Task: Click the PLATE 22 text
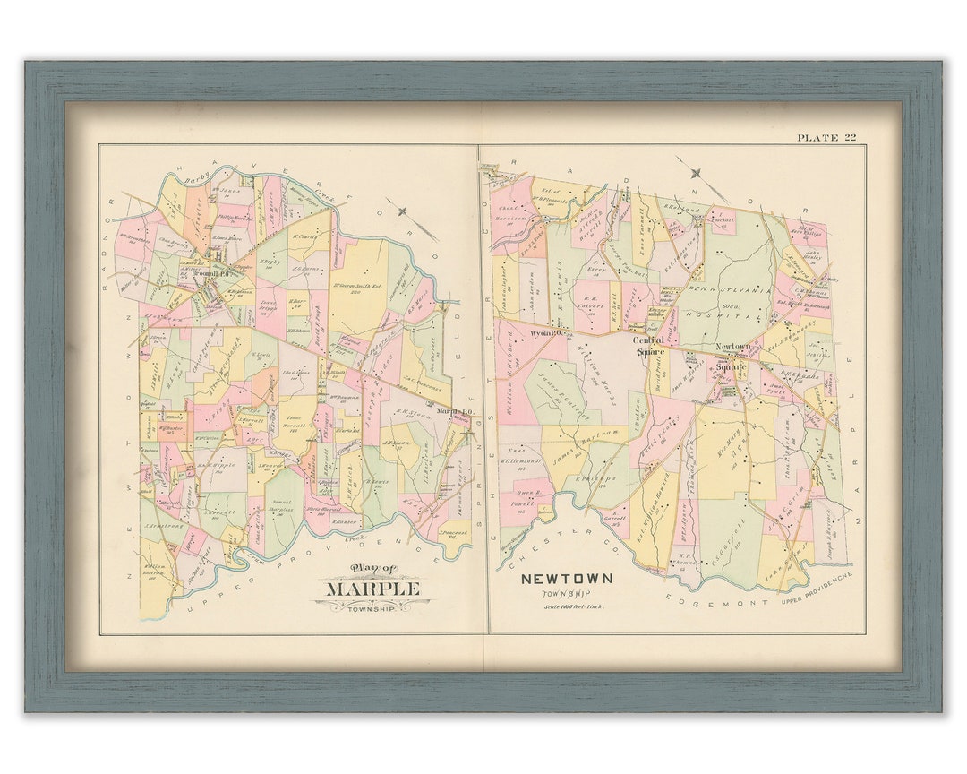point(826,137)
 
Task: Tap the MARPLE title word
point(372,589)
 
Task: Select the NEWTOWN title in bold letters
point(567,579)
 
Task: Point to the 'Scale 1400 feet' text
point(573,607)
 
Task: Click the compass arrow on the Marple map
point(403,212)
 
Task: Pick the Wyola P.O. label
point(544,332)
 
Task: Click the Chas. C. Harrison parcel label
point(509,216)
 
